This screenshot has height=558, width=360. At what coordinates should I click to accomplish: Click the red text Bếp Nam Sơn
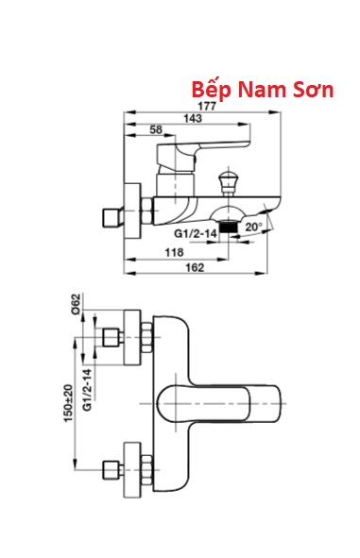pyautogui.click(x=263, y=90)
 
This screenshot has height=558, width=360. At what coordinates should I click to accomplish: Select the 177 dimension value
pyautogui.click(x=207, y=107)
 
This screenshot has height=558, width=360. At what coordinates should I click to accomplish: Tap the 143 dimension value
pyautogui.click(x=193, y=119)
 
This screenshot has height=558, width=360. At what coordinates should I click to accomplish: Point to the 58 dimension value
pyautogui.click(x=156, y=129)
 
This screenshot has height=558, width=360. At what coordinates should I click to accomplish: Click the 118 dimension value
pyautogui.click(x=174, y=252)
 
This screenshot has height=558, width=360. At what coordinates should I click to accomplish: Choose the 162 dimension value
pyautogui.click(x=195, y=267)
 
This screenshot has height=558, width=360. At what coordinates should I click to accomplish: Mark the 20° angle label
pyautogui.click(x=254, y=227)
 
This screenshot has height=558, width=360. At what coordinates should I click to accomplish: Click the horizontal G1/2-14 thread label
pyautogui.click(x=196, y=234)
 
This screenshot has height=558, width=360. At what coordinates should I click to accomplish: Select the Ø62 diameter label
pyautogui.click(x=77, y=303)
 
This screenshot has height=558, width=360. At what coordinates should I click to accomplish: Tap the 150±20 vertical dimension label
pyautogui.click(x=68, y=403)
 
